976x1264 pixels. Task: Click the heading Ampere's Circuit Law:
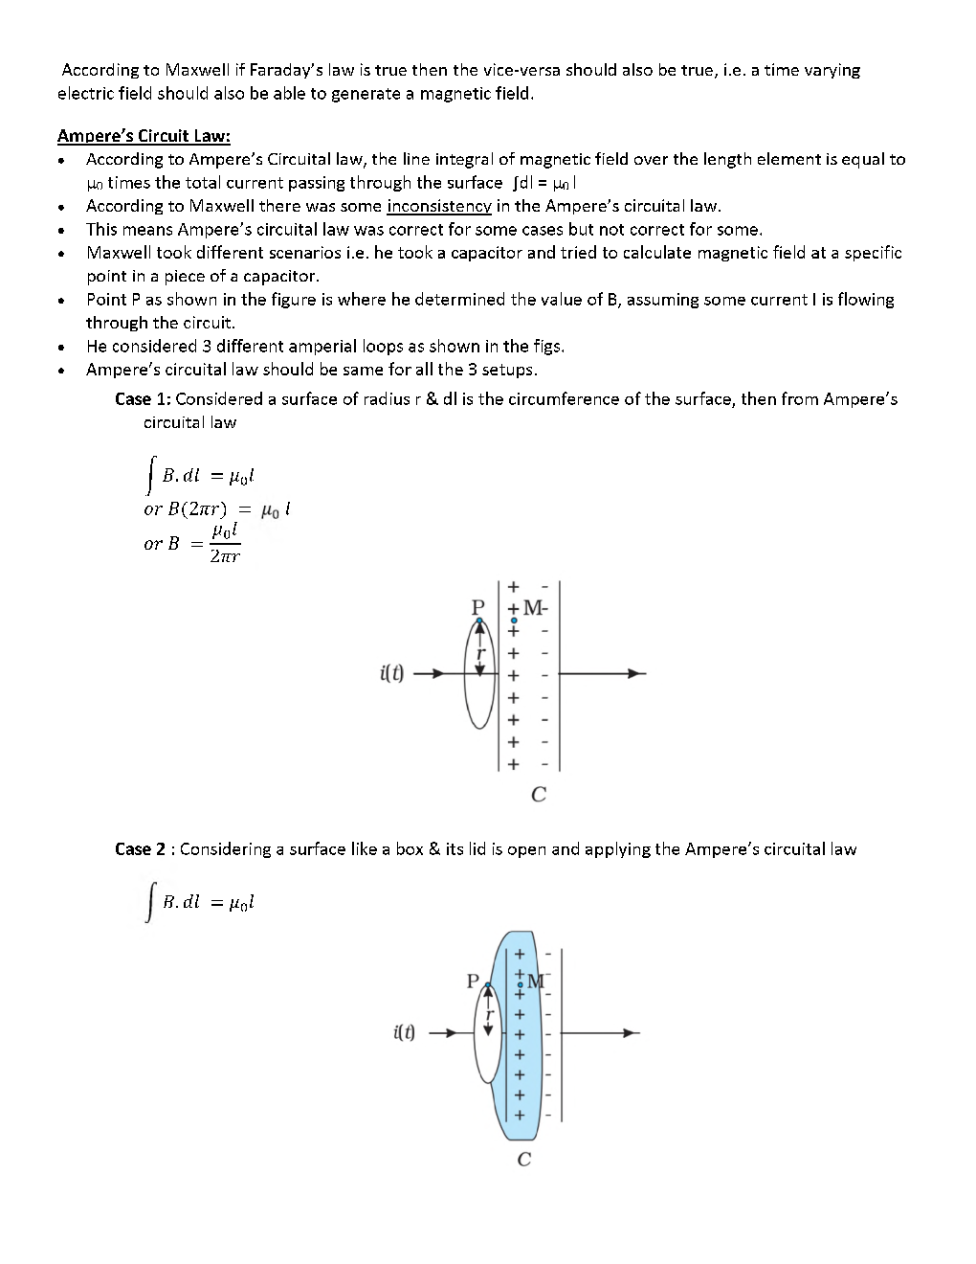(x=144, y=135)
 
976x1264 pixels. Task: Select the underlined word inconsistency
(x=439, y=206)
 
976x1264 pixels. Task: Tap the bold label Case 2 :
(x=144, y=849)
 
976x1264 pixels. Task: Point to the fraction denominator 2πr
(x=225, y=556)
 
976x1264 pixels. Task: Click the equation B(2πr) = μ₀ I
(x=216, y=509)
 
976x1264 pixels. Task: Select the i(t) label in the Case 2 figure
(x=404, y=1033)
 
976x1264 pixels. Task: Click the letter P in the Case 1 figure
(x=478, y=607)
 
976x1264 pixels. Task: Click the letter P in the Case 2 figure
(x=472, y=981)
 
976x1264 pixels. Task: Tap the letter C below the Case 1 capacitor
(x=538, y=795)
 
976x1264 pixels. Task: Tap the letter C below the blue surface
(x=523, y=1160)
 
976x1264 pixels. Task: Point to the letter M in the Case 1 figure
(x=532, y=607)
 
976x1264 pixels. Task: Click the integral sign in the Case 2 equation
(x=149, y=905)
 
